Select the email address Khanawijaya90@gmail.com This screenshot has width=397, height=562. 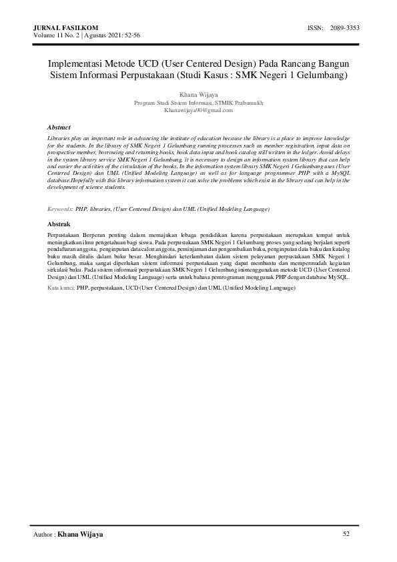click(198, 110)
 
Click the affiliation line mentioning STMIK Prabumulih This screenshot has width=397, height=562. click(198, 103)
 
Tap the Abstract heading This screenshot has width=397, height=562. click(59, 126)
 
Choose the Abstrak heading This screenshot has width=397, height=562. click(59, 224)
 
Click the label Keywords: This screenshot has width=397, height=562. click(61, 209)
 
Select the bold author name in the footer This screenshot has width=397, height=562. click(81, 535)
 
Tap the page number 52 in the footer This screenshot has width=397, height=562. click(346, 534)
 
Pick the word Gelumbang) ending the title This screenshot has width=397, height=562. click(323, 75)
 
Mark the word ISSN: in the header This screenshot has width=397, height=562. click(316, 27)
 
